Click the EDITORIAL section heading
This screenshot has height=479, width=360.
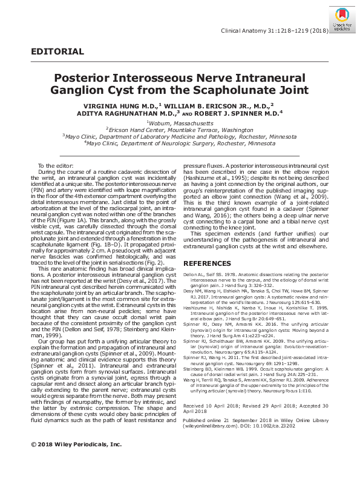pos(57,51)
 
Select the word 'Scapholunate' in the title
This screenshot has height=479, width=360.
pos(226,91)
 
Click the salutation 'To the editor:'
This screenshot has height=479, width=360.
pos(55,166)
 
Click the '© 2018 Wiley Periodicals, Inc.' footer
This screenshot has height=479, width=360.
pos(76,461)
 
